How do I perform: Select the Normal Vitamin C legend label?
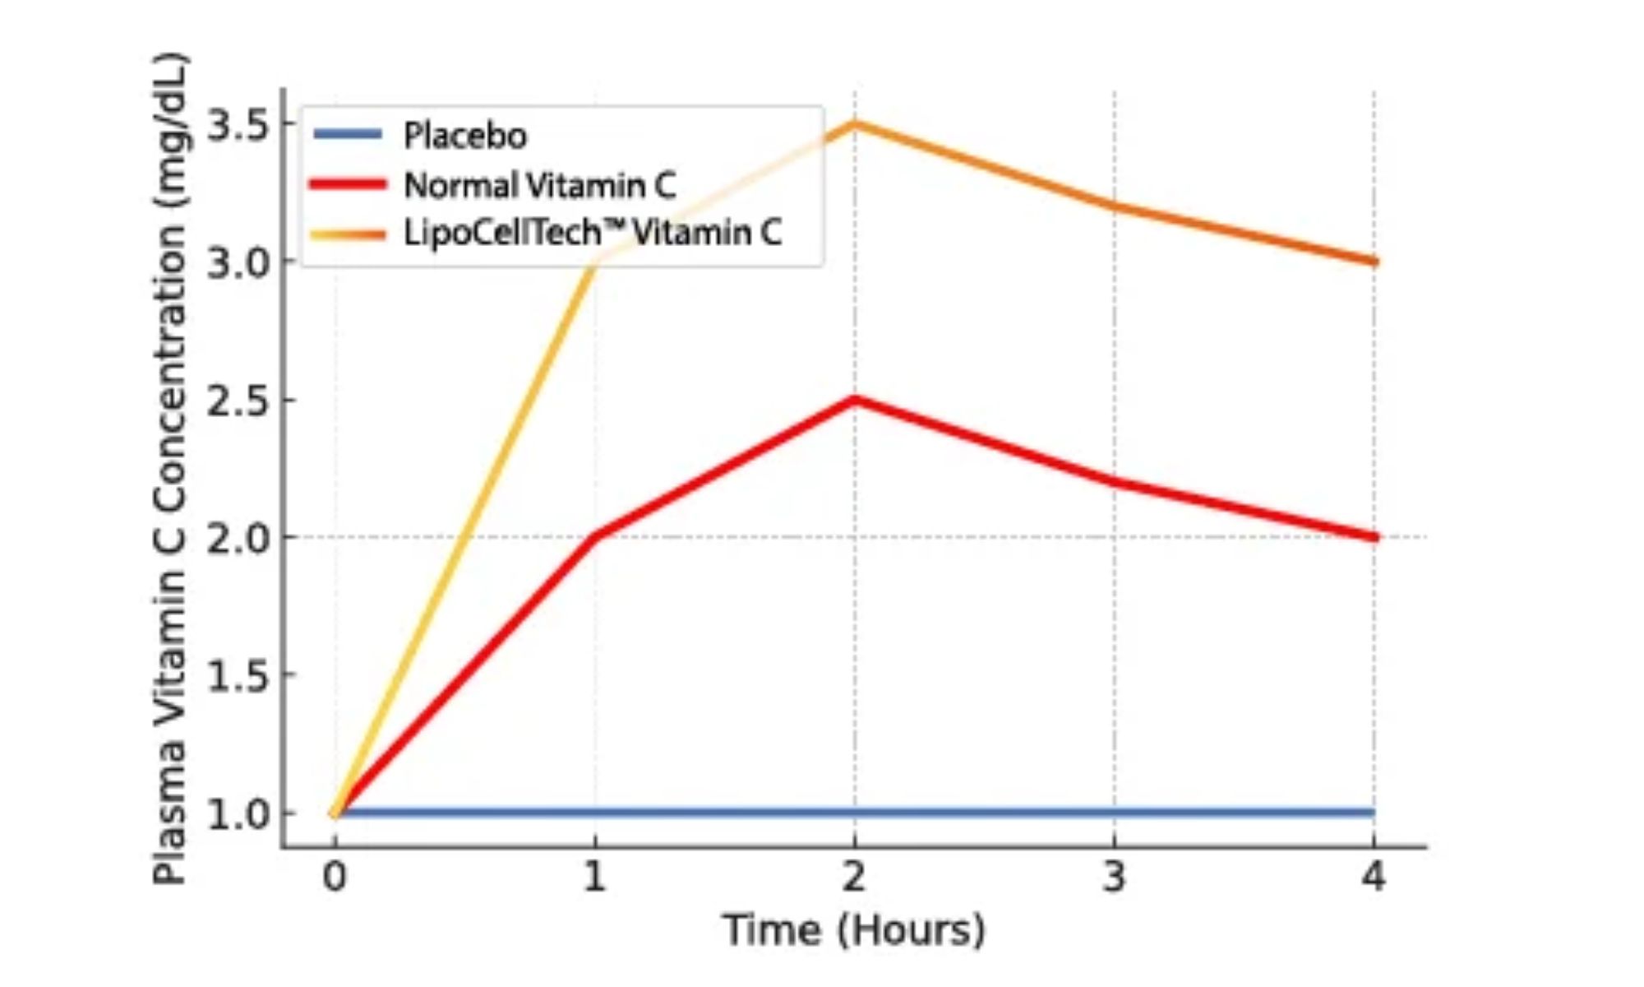point(540,185)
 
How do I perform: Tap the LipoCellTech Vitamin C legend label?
point(593,233)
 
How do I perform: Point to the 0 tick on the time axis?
point(335,877)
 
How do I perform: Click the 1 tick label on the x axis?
point(594,877)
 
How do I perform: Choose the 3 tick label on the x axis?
point(1114,877)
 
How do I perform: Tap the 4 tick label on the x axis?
point(1374,877)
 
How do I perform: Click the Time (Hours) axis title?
point(854,930)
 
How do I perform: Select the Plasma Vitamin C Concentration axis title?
point(170,469)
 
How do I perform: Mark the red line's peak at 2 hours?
point(855,400)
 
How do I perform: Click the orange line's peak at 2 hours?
point(855,124)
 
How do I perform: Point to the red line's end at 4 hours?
point(1374,537)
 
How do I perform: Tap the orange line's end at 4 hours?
point(1374,262)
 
